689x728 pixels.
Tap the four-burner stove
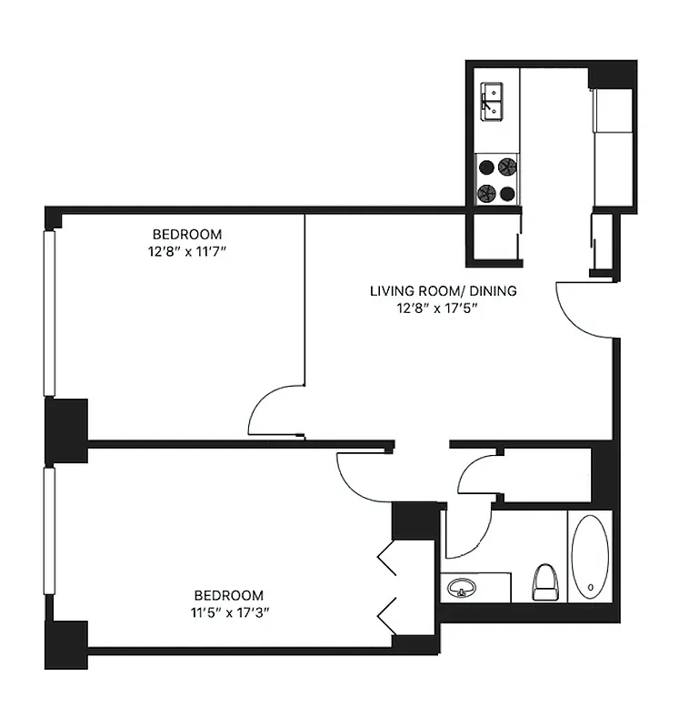pos(497,179)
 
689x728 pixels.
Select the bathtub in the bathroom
pos(590,557)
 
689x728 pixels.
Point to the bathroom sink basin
pos(462,588)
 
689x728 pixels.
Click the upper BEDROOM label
pos(187,234)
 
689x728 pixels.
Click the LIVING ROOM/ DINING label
pos(443,291)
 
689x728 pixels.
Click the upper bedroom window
pos(50,314)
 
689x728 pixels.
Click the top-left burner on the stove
pos(487,167)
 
